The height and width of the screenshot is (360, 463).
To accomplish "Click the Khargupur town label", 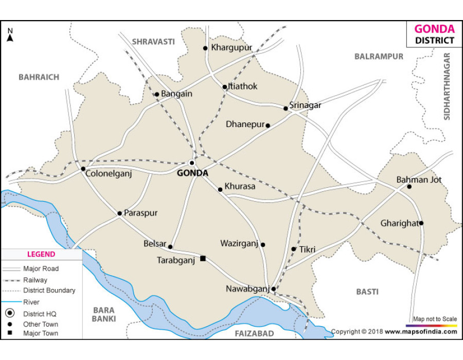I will click(x=232, y=48).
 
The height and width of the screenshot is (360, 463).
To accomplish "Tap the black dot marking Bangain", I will click(x=157, y=94).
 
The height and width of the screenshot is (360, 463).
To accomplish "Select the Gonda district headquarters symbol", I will click(x=192, y=163).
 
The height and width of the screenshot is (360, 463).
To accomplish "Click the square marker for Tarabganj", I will click(x=203, y=258).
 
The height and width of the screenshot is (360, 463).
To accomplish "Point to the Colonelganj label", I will click(x=109, y=174).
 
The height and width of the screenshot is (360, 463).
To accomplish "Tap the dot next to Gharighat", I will click(x=421, y=223).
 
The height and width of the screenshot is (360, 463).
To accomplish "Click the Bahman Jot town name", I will click(x=419, y=180).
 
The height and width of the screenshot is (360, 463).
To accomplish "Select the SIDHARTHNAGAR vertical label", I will click(x=447, y=86).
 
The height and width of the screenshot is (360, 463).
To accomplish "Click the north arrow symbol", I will click(x=10, y=35).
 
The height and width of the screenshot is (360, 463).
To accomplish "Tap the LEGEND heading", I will click(x=41, y=254).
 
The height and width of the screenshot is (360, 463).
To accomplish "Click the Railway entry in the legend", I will click(x=35, y=280).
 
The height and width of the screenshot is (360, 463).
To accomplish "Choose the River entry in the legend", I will click(x=31, y=302).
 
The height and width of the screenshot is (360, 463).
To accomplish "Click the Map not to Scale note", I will click(x=434, y=319).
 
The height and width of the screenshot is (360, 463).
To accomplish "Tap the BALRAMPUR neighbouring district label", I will click(x=379, y=57).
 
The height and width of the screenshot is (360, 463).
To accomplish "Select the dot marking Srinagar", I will click(x=286, y=108).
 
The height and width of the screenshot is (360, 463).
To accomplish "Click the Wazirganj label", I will click(x=239, y=243).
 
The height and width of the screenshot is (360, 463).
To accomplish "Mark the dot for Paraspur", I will click(x=119, y=213).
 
